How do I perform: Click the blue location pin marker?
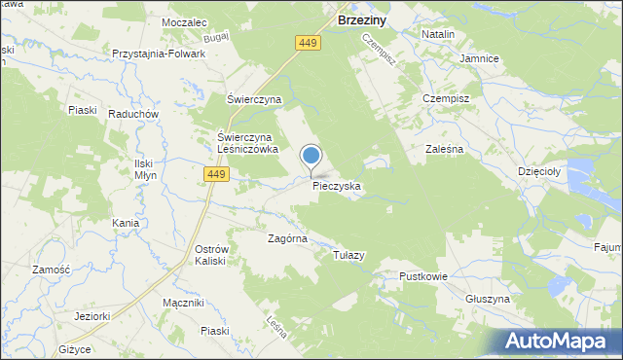tap(311, 157)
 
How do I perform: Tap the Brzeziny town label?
tap(364, 18)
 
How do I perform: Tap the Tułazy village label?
tap(348, 255)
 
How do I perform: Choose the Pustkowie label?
tap(422, 276)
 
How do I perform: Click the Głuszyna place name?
tap(488, 299)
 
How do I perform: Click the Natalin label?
tap(438, 34)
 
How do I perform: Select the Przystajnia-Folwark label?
tap(159, 54)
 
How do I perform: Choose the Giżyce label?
tap(74, 348)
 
